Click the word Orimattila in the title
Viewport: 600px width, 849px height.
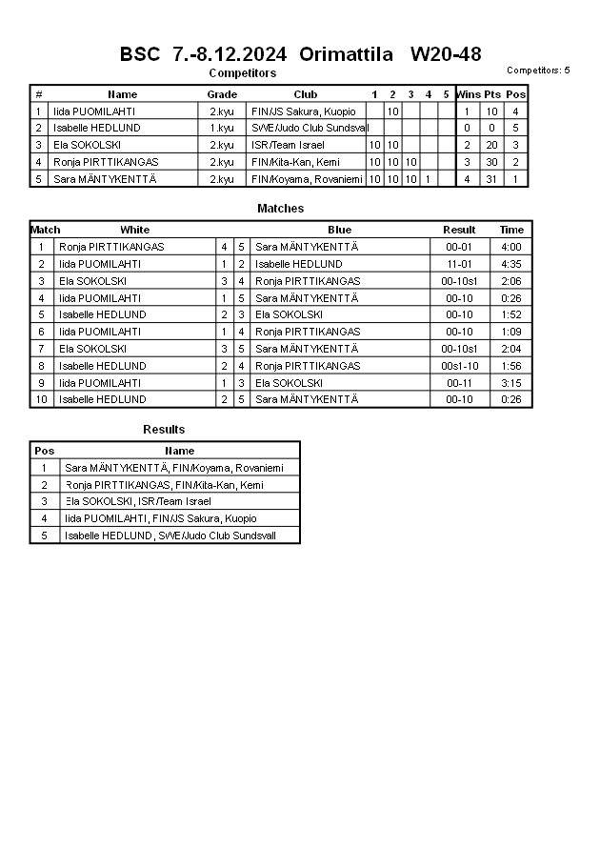pos(346,54)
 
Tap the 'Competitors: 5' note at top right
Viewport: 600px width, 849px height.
pos(538,70)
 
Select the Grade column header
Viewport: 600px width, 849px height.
pos(222,94)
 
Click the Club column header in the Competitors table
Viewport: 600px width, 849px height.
pos(306,94)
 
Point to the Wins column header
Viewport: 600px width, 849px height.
pos(468,94)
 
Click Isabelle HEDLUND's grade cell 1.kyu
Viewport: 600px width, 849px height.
pos(222,128)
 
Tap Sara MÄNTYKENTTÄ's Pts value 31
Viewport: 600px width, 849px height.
pos(491,179)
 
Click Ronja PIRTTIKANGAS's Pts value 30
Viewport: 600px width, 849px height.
pos(491,162)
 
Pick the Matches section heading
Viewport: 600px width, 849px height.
pos(280,208)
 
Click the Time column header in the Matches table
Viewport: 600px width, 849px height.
pos(511,230)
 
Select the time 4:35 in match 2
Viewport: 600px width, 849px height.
pos(511,264)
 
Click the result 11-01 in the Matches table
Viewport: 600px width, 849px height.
pos(460,264)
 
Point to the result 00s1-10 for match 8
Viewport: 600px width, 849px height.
pos(460,366)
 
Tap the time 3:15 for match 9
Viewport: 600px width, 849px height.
pos(511,383)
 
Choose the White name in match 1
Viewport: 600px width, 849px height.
pos(111,247)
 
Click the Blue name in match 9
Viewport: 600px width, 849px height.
pos(289,383)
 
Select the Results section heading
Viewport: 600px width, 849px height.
pos(164,430)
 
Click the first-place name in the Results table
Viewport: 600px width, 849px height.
pos(173,468)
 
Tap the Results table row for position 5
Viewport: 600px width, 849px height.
pos(164,536)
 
